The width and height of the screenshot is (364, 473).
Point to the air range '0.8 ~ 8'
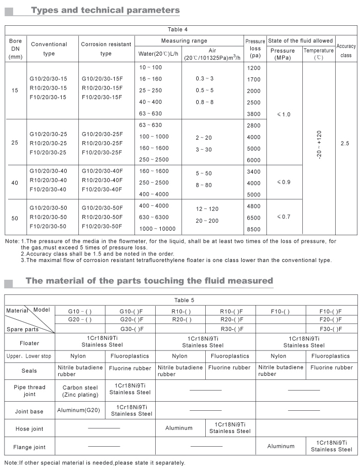point(205,102)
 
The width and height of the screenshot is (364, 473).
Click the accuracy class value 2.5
point(345,144)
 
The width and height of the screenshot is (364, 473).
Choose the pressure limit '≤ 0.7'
point(284,217)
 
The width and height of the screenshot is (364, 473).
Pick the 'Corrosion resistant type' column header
point(106,49)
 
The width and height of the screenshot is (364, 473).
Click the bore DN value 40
point(15,182)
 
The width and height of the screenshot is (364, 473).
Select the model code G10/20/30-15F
point(102,79)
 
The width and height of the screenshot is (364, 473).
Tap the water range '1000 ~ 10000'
point(157,229)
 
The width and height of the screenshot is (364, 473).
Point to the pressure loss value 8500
point(253,229)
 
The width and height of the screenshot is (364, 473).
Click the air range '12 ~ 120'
point(207,208)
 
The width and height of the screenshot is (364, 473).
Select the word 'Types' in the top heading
point(48,10)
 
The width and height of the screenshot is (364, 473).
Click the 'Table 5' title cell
point(180,300)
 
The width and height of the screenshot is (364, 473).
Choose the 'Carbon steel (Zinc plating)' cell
point(80,391)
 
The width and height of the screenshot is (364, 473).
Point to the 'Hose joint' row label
point(29,429)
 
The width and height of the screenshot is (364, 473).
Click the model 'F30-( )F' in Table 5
point(331,329)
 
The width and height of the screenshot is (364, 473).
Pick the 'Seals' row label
point(29,371)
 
